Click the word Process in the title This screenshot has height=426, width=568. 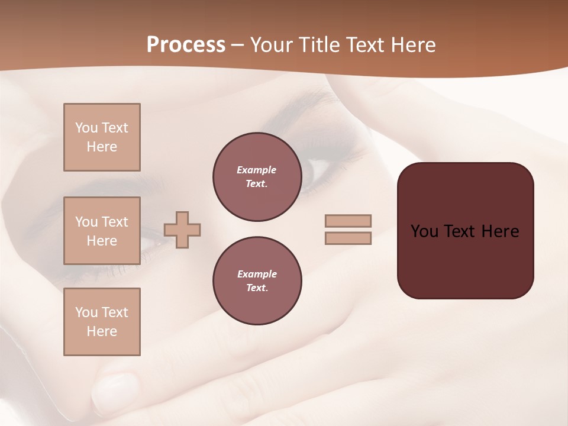tap(186, 45)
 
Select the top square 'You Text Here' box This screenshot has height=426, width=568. tap(102, 137)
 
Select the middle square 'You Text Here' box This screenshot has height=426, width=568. tap(102, 231)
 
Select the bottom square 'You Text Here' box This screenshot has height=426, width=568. tap(102, 321)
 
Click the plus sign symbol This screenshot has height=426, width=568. tap(182, 230)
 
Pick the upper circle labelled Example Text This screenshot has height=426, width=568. tap(257, 177)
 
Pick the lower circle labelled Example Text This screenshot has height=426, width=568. tap(257, 281)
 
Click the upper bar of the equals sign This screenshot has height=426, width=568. tap(348, 221)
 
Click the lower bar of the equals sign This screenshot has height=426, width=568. tap(348, 238)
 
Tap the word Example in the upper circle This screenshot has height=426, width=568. tap(257, 170)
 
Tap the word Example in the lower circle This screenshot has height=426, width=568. tap(257, 274)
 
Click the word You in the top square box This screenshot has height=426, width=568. tap(86, 128)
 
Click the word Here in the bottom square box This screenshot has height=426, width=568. tap(102, 331)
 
